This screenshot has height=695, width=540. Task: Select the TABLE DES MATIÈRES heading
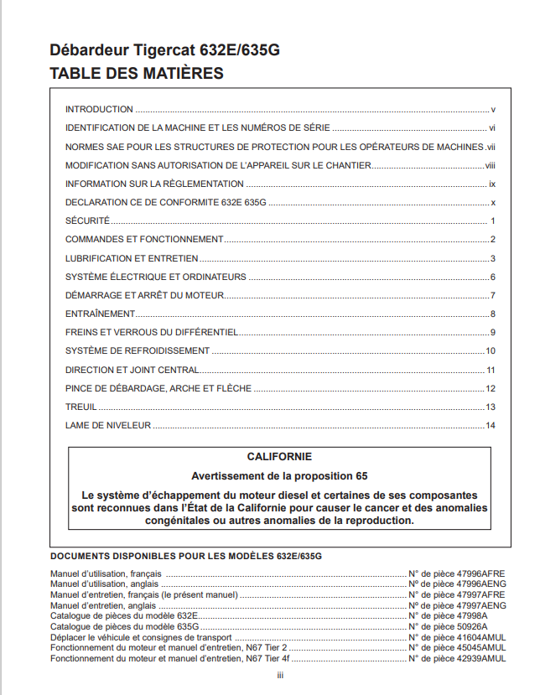(x=137, y=74)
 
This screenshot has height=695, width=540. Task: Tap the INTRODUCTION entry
(x=99, y=109)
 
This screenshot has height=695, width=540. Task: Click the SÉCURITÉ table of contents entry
(x=87, y=220)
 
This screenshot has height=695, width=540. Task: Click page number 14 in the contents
(x=491, y=426)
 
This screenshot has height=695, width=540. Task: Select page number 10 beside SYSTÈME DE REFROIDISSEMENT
(x=491, y=351)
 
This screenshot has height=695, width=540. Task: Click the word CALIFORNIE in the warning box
(x=279, y=457)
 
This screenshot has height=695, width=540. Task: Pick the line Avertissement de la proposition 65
(x=279, y=476)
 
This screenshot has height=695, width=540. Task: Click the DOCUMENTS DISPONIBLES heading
(x=186, y=556)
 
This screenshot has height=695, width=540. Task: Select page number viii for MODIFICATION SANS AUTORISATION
(x=491, y=165)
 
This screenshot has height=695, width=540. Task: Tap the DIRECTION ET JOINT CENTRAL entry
(x=132, y=370)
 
